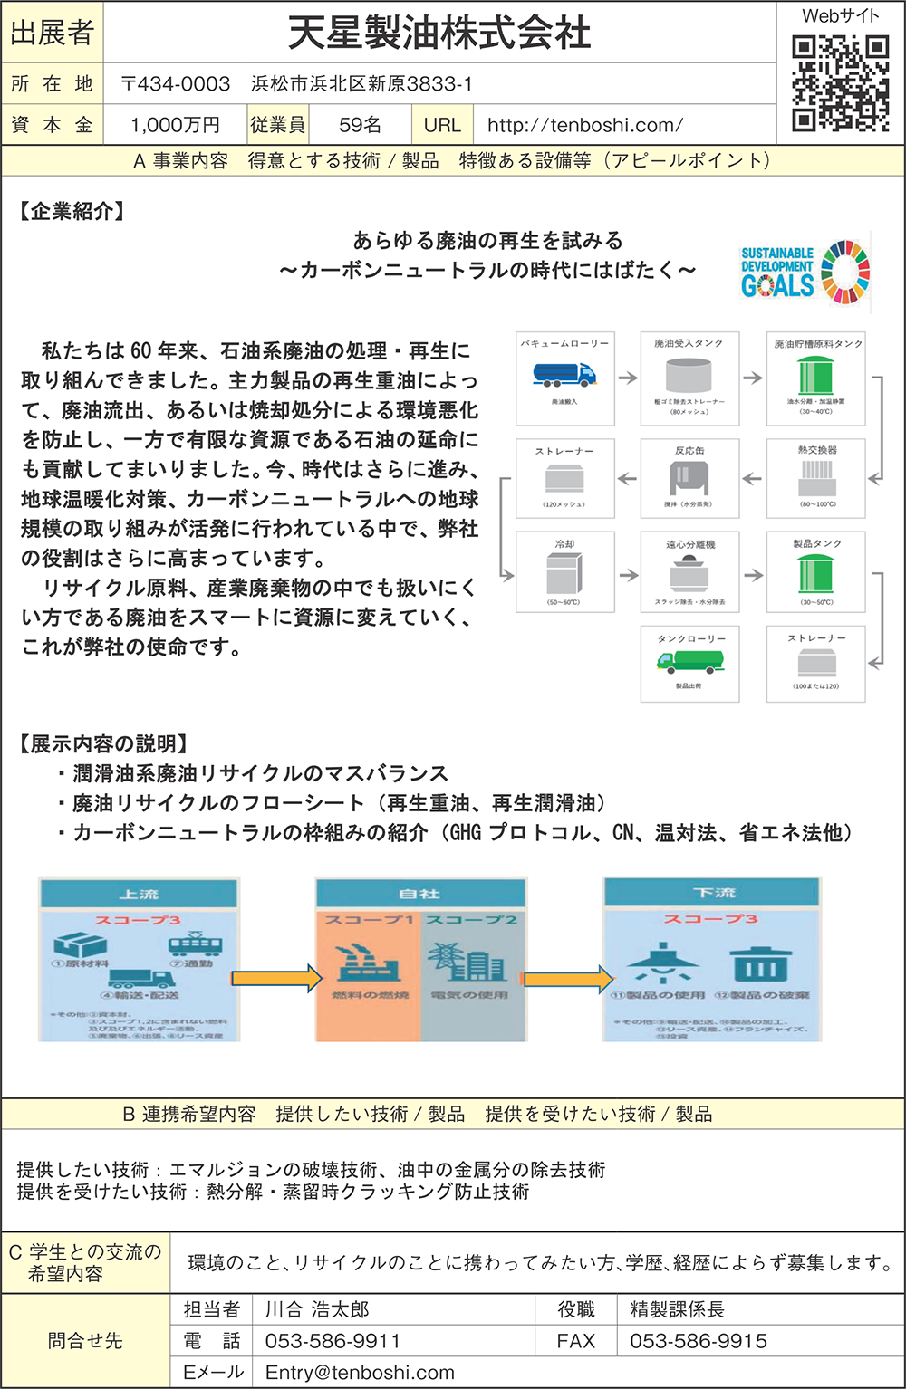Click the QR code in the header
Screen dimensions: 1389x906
(x=840, y=83)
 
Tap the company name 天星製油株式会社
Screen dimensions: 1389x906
(x=439, y=34)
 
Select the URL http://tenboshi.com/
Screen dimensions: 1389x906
(x=585, y=125)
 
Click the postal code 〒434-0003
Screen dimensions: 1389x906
(x=176, y=84)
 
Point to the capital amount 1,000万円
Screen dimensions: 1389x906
(x=176, y=125)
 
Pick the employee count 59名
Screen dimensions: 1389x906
(x=360, y=125)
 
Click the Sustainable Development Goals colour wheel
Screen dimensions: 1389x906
(x=844, y=272)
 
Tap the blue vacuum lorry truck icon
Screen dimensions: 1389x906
(x=564, y=372)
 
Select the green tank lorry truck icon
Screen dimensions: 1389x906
(x=689, y=660)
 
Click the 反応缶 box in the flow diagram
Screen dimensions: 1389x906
(x=689, y=476)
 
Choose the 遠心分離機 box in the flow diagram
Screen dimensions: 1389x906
(x=689, y=571)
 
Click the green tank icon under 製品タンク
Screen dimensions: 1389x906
(x=815, y=573)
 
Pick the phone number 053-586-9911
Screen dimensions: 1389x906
(x=333, y=1341)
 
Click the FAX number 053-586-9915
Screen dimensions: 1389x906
(x=699, y=1341)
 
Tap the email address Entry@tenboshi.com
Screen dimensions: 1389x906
(x=360, y=1373)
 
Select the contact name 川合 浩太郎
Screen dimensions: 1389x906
(x=317, y=1309)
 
